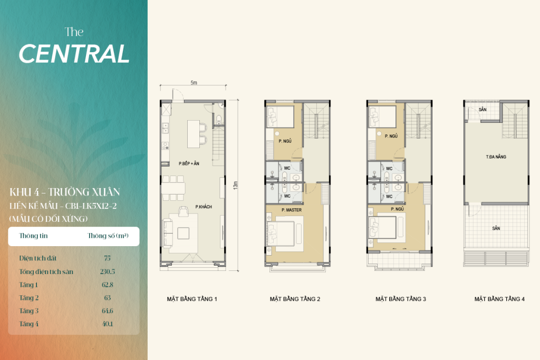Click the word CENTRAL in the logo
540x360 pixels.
click(74, 54)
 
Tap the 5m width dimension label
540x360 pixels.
click(194, 83)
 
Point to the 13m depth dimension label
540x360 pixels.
click(235, 185)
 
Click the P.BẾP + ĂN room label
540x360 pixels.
click(189, 163)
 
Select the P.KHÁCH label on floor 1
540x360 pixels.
click(204, 207)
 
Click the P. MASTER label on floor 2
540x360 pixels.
click(291, 210)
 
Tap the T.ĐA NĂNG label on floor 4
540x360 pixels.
click(496, 157)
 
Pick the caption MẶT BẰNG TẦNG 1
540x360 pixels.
click(192, 299)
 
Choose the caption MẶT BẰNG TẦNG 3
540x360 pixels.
click(401, 299)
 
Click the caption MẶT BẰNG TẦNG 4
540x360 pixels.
click(499, 299)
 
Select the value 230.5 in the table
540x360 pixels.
click(108, 271)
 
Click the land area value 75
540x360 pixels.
click(107, 258)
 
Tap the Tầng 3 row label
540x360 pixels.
click(28, 311)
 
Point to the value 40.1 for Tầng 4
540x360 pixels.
click(108, 324)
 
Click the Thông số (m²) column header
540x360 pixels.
click(108, 236)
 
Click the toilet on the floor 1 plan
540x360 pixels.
click(219, 120)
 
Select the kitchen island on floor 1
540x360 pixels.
click(194, 134)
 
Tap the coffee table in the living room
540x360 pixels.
click(183, 233)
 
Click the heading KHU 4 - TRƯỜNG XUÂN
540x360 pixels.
click(65, 192)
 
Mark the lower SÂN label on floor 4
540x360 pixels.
click(496, 228)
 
